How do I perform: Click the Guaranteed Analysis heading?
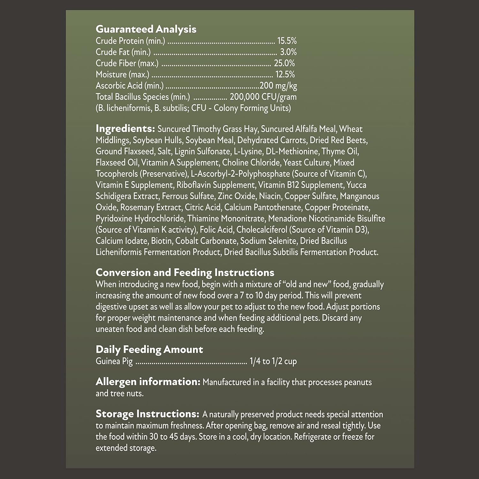pyautogui.click(x=146, y=29)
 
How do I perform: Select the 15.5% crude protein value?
pyautogui.click(x=287, y=41)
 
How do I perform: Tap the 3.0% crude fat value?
pyautogui.click(x=288, y=52)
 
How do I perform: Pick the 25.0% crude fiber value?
pyautogui.click(x=284, y=63)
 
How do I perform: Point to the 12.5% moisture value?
pyautogui.click(x=285, y=74)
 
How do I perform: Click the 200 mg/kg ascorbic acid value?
pyautogui.click(x=278, y=86)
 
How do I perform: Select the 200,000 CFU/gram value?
pyautogui.click(x=263, y=97)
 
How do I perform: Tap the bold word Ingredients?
pyautogui.click(x=125, y=129)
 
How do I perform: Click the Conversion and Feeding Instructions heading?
pyautogui.click(x=185, y=272)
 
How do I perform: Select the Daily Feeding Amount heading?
pyautogui.click(x=149, y=349)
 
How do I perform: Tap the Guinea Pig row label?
pyautogui.click(x=114, y=361)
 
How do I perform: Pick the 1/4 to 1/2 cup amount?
pyautogui.click(x=273, y=361)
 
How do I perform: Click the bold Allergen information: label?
pyautogui.click(x=148, y=382)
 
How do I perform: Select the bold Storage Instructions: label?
pyautogui.click(x=148, y=414)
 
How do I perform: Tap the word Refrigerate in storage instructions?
pyautogui.click(x=312, y=437)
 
